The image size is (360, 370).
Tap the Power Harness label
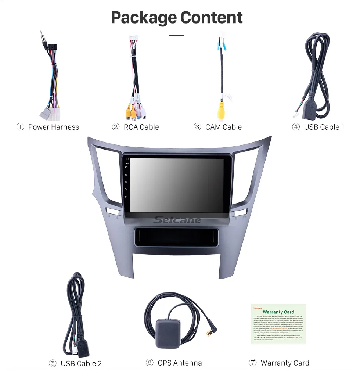[x=54, y=127]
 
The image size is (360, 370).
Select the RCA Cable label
[x=141, y=127]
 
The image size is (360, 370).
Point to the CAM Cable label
[x=223, y=127]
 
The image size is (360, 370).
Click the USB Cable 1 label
[x=324, y=127]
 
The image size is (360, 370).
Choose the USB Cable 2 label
[x=81, y=363]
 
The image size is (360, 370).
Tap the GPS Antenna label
[x=180, y=363]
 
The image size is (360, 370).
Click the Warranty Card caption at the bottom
[x=285, y=363]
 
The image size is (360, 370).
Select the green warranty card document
[x=278, y=324]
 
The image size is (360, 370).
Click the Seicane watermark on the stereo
[x=177, y=220]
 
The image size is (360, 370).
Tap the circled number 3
[x=197, y=127]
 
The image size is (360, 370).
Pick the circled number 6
[x=149, y=363]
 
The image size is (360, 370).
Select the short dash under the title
[x=177, y=36]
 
